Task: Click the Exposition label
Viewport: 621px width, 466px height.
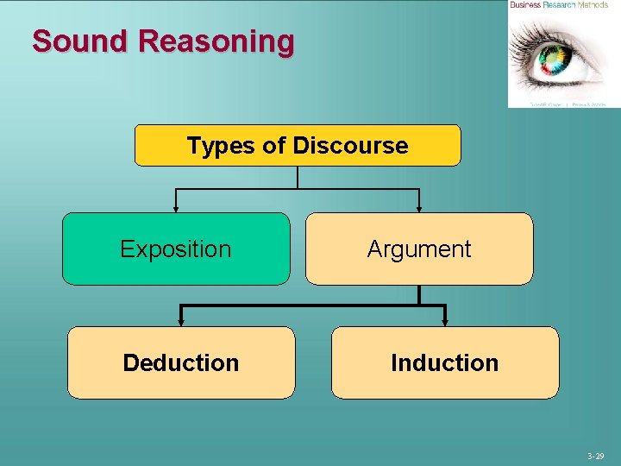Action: point(176,249)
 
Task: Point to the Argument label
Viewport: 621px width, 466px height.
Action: point(419,249)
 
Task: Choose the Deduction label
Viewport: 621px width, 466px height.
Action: point(181,363)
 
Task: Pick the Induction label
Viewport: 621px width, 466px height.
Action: point(444,363)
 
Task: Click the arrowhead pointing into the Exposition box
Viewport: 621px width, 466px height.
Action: point(176,208)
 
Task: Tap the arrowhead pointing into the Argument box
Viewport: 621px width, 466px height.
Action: point(419,208)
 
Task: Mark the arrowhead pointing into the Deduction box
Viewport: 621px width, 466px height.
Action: point(180,321)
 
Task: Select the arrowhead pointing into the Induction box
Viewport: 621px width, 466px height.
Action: point(444,321)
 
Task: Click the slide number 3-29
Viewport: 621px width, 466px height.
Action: point(595,455)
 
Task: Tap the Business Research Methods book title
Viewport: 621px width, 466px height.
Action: point(559,5)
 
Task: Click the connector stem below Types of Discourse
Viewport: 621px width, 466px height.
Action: point(298,177)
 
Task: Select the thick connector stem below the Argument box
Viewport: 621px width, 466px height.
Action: point(419,294)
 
